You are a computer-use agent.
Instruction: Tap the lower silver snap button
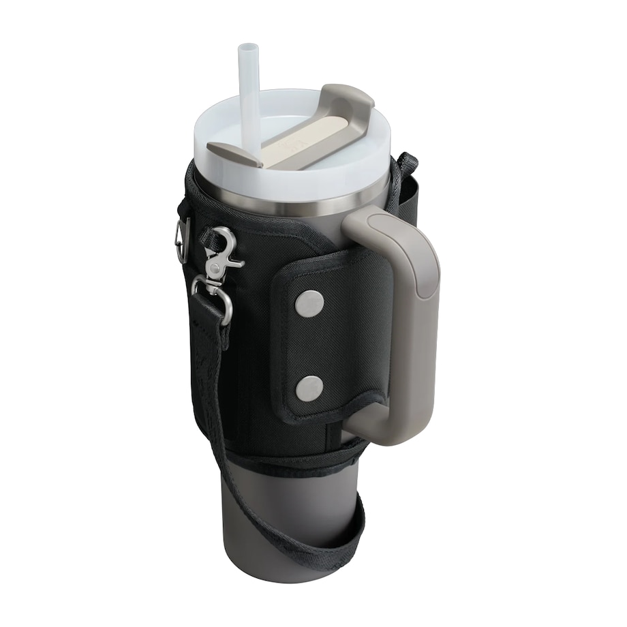click(x=311, y=388)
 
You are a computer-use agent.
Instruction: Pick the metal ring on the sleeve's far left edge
click(x=181, y=240)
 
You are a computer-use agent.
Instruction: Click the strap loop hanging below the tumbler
click(x=320, y=538)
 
